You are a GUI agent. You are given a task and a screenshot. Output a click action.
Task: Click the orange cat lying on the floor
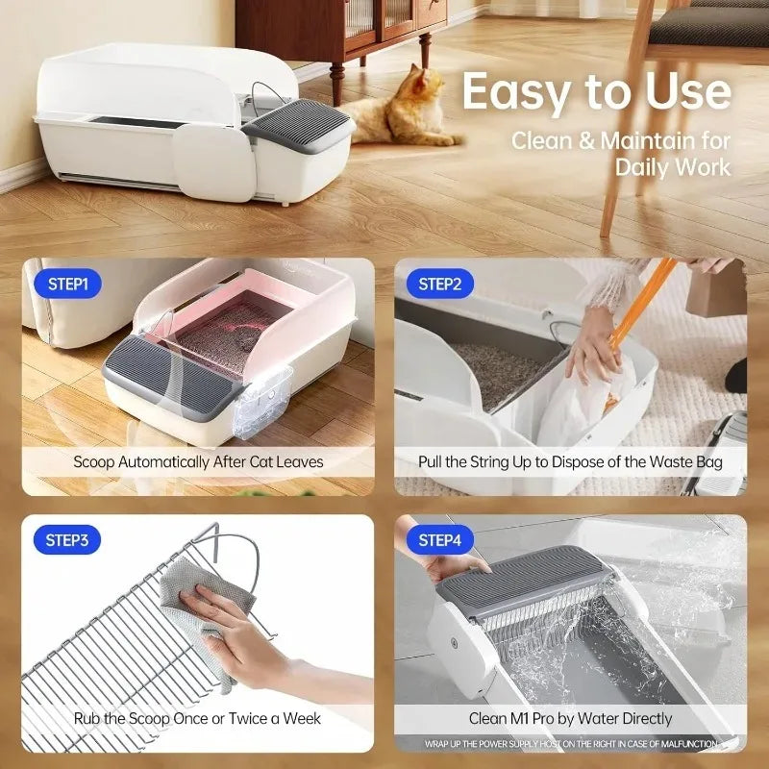click(399, 111)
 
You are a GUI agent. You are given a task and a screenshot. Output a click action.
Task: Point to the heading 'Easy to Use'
click(596, 92)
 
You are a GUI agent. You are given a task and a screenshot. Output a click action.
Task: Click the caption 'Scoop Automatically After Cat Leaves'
click(198, 461)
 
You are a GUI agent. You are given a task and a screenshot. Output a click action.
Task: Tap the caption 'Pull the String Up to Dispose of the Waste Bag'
click(570, 461)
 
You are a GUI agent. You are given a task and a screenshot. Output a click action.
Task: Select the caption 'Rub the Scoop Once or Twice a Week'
click(198, 718)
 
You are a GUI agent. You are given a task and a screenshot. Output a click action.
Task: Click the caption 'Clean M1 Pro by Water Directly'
click(570, 718)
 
